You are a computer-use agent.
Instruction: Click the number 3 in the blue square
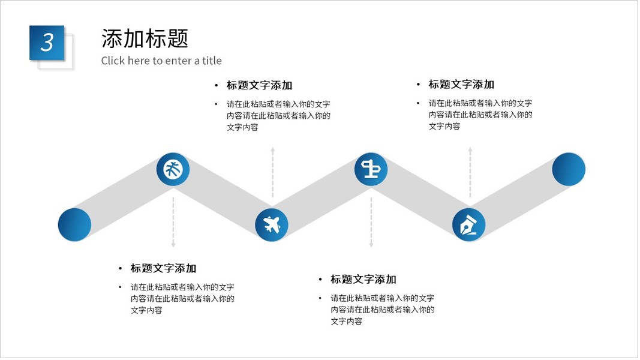click(47, 42)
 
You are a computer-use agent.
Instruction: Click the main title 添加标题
click(145, 38)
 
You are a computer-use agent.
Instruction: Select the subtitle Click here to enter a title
click(161, 61)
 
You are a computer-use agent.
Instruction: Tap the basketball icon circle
click(173, 169)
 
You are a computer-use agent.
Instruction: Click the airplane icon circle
click(272, 225)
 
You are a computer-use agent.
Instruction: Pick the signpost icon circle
click(371, 169)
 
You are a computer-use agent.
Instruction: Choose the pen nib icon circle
click(468, 225)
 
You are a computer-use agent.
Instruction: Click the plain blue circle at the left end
click(74, 225)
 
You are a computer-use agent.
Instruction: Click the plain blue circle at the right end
click(568, 169)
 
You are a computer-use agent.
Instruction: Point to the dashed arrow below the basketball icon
click(173, 222)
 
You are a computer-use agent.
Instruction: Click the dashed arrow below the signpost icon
click(371, 222)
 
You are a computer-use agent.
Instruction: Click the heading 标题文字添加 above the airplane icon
click(259, 85)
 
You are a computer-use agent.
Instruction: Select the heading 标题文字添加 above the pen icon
click(461, 85)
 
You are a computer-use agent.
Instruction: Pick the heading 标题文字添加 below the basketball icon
click(163, 268)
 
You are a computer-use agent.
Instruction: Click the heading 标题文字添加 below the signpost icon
click(363, 279)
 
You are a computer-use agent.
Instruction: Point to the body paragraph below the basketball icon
click(182, 298)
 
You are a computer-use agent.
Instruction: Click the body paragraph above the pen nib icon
click(480, 115)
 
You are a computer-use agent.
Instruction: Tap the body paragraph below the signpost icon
click(382, 310)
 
